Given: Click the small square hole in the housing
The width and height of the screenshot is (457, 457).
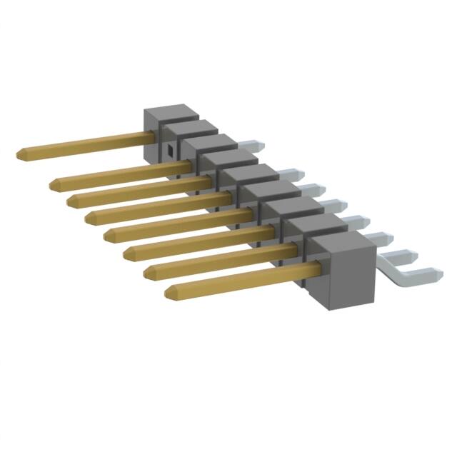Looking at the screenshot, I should (171, 150).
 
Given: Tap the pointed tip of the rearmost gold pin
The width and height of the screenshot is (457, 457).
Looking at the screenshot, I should (19, 154).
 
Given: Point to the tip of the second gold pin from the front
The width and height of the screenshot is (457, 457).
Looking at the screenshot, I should (149, 272).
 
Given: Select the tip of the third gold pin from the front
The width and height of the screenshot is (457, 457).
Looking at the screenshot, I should (126, 253).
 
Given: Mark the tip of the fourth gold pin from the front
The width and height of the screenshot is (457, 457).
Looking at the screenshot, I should (106, 234).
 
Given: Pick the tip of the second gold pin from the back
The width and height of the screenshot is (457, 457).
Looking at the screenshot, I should (54, 185).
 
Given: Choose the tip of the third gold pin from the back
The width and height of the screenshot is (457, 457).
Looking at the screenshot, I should (71, 201).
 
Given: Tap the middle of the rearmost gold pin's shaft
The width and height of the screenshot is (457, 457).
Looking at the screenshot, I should (86, 143).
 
